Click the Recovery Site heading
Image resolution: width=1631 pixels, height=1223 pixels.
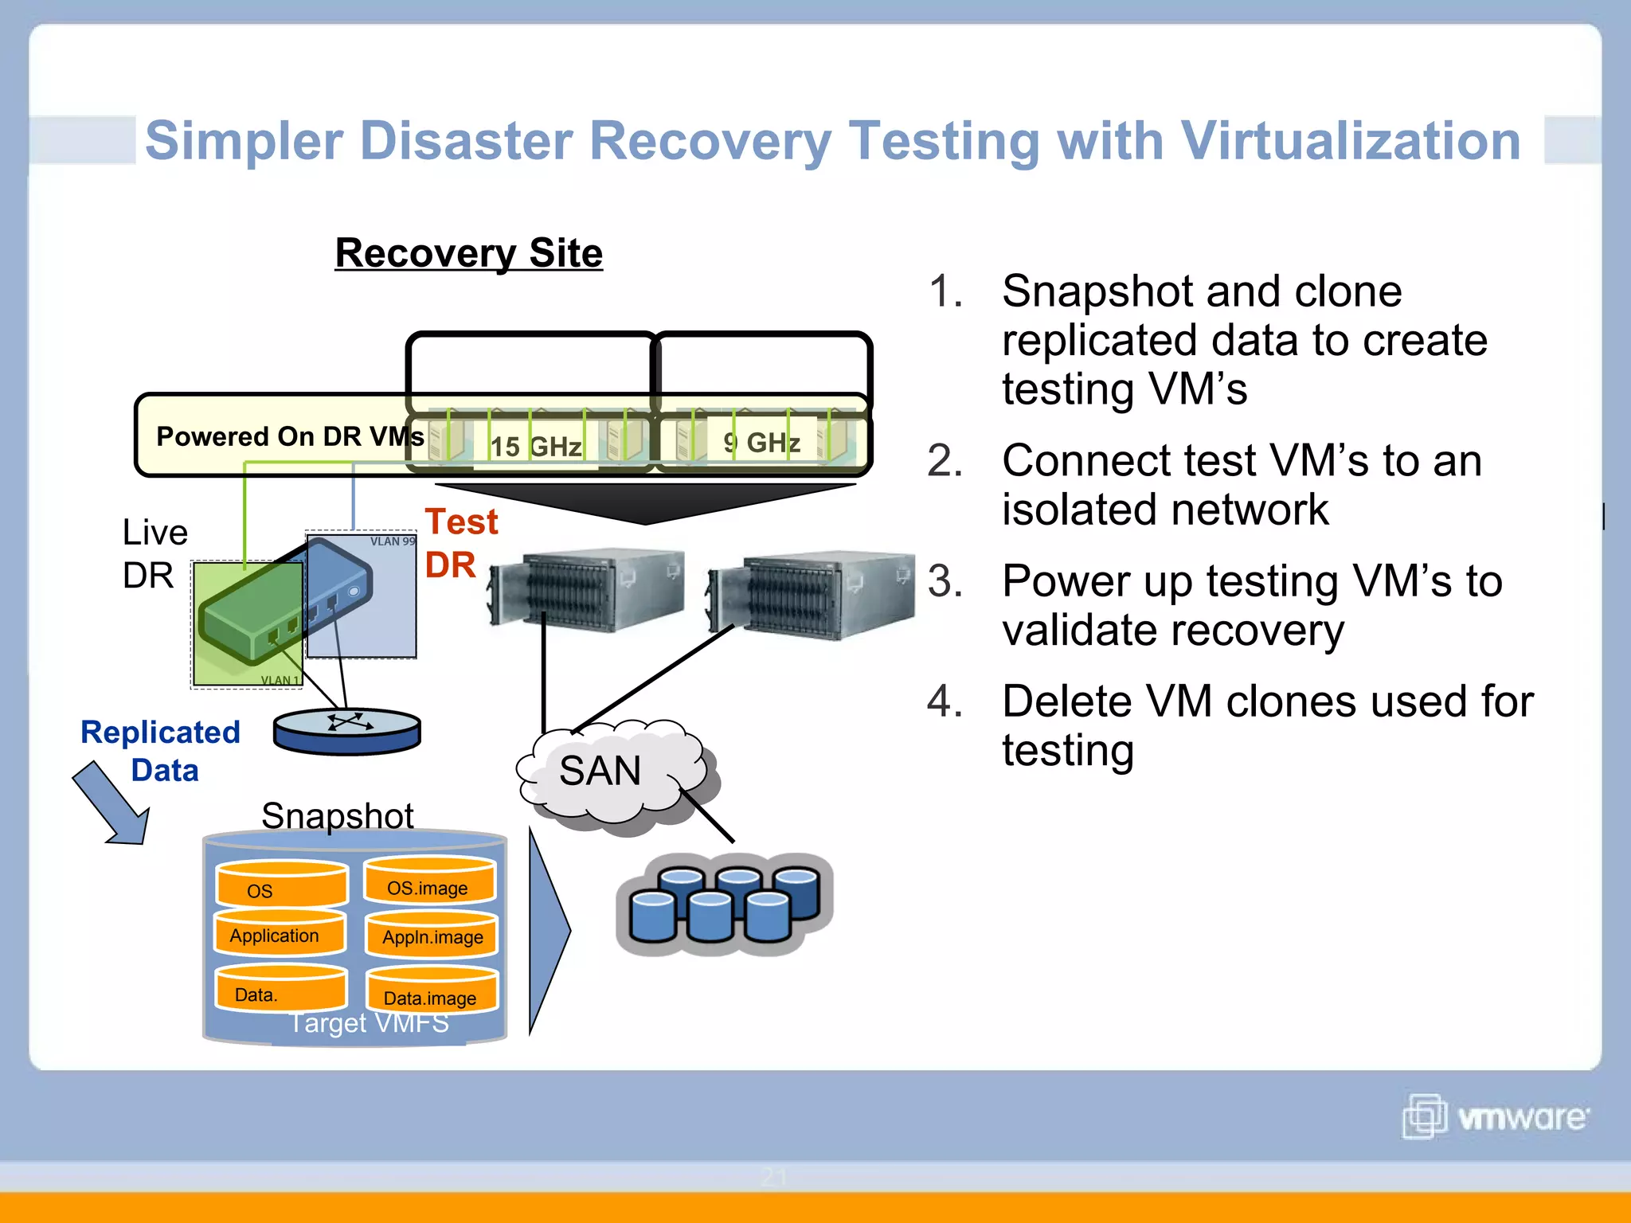(468, 253)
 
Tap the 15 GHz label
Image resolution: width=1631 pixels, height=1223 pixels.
(535, 446)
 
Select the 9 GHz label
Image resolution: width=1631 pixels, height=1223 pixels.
(761, 442)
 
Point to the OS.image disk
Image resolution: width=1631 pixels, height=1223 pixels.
(429, 882)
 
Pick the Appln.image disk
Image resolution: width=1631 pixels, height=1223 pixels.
(432, 935)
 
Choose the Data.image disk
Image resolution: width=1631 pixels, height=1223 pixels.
(431, 992)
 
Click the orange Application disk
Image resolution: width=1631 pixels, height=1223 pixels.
(279, 933)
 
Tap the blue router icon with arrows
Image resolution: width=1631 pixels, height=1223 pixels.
(346, 730)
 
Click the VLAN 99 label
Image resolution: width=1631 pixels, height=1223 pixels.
(392, 541)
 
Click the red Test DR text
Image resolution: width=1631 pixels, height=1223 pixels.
(460, 543)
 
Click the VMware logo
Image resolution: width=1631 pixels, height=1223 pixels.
(1495, 1117)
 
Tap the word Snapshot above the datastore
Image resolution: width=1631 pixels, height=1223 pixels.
(337, 816)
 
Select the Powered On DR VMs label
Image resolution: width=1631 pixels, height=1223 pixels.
(290, 436)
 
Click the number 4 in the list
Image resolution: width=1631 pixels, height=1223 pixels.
(945, 701)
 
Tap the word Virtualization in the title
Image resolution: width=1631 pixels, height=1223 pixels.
(1350, 141)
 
